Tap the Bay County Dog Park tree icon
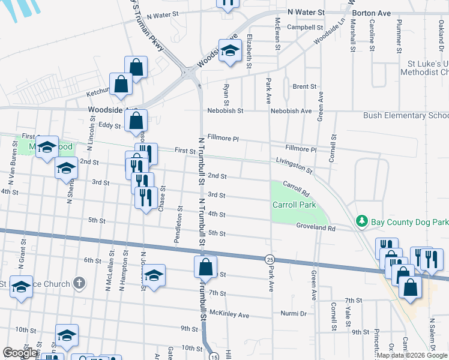[x=361, y=222]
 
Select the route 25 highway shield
[x=268, y=259]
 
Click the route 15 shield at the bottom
[x=214, y=356]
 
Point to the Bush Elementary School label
[x=406, y=116]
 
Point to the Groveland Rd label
[x=315, y=227]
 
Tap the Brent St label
[x=304, y=87]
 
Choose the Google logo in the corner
[x=20, y=353]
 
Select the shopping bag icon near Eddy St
[x=137, y=121]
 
